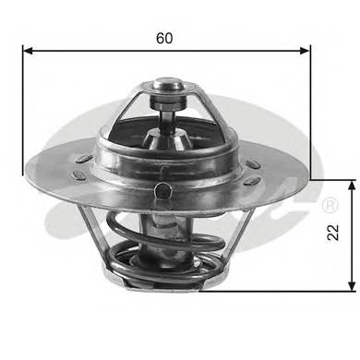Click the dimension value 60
coord(165,39)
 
